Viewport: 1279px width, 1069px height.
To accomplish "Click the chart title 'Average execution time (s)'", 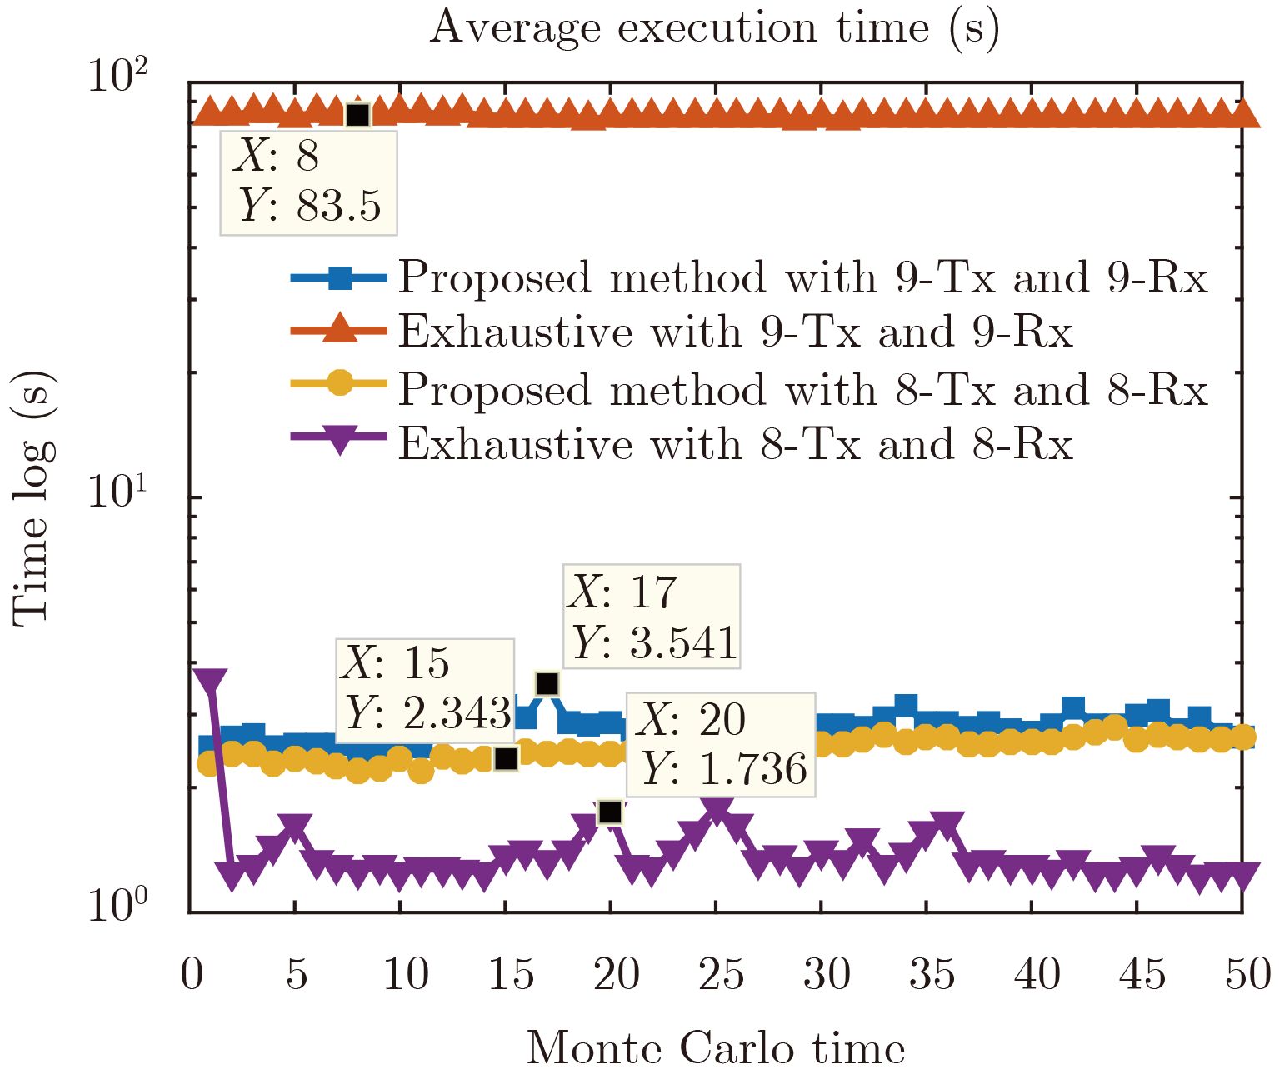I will point(714,28).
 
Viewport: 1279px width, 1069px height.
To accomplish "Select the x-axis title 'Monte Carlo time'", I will point(716,1047).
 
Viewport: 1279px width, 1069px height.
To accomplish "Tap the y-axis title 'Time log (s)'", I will point(33,497).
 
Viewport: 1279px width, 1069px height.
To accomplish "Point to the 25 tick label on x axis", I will point(721,973).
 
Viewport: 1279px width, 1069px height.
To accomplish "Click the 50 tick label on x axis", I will point(1247,973).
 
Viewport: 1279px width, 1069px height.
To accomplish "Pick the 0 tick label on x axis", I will point(192,973).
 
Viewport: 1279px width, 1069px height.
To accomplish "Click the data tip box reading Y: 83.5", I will point(308,182).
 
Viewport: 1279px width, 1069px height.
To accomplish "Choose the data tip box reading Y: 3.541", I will point(652,617).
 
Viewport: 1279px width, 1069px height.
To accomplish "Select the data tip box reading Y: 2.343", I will point(425,690).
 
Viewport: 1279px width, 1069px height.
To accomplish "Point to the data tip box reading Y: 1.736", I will point(721,744).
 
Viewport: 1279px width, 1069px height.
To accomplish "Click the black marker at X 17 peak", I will point(547,684).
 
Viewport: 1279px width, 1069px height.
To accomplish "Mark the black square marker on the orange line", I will point(357,115).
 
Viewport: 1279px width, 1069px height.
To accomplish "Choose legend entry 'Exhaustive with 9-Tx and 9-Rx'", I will point(734,332).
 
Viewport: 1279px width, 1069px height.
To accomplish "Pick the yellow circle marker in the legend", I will point(338,384).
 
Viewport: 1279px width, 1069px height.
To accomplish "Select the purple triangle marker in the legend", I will point(338,439).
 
